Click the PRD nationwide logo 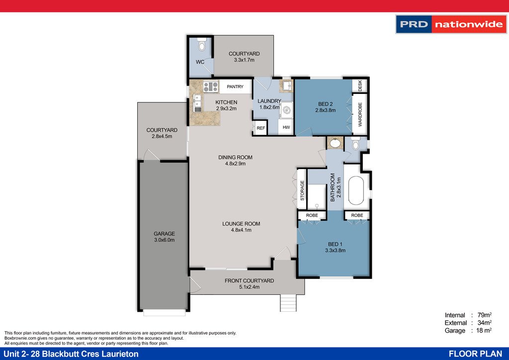451,24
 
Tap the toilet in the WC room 202,45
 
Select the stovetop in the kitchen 211,87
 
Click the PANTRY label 235,87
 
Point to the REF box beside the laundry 260,128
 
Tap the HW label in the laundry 286,127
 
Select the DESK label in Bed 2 360,86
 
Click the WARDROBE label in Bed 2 360,114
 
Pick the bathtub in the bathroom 356,190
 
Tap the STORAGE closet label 302,190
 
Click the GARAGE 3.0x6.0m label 164,237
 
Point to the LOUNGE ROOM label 241,224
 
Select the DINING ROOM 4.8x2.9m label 235,161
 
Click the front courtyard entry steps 288,303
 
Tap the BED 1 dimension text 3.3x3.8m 336,250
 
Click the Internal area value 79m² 484,315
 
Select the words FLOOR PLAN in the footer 476,354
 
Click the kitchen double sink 197,103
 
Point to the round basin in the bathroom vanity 335,143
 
